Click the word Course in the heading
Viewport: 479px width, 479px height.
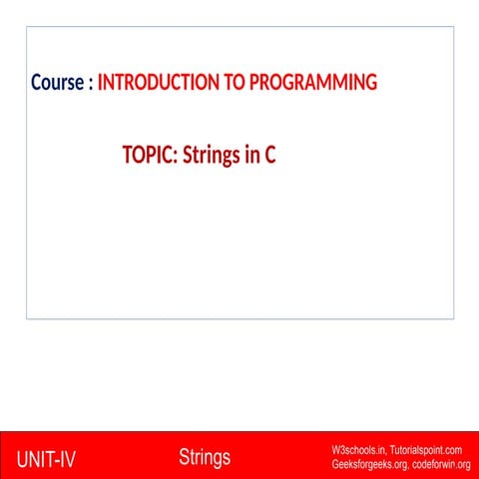[57, 82]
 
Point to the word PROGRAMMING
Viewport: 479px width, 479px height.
[313, 82]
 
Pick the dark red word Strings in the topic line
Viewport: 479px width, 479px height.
[212, 156]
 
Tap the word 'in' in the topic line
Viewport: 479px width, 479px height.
[252, 155]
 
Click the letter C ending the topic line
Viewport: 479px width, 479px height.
[270, 155]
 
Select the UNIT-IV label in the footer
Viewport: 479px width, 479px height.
[46, 459]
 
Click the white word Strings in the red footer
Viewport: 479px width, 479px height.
[205, 458]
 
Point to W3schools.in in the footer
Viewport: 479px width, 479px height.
[358, 450]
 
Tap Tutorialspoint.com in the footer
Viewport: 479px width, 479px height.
[426, 450]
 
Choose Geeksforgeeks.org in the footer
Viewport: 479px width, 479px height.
[369, 464]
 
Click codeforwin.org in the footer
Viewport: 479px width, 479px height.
[441, 464]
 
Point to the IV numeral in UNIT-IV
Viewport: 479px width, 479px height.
[68, 459]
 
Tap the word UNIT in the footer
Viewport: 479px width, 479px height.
[35, 459]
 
